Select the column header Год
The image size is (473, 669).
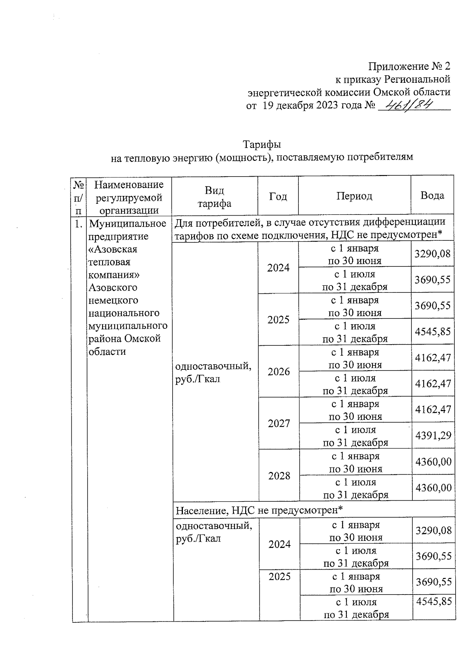[278, 196]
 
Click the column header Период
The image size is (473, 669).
[354, 196]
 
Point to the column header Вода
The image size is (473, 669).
[432, 196]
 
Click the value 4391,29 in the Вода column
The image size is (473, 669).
[433, 436]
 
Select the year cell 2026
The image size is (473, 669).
[278, 371]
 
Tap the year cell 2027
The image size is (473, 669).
[279, 423]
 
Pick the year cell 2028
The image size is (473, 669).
[279, 475]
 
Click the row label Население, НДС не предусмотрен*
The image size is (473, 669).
[259, 510]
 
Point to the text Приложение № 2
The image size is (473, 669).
[409, 66]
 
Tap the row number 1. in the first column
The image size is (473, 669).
[78, 224]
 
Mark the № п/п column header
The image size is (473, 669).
[79, 196]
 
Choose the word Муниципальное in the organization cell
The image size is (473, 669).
[128, 224]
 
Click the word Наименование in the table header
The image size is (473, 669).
[129, 184]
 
